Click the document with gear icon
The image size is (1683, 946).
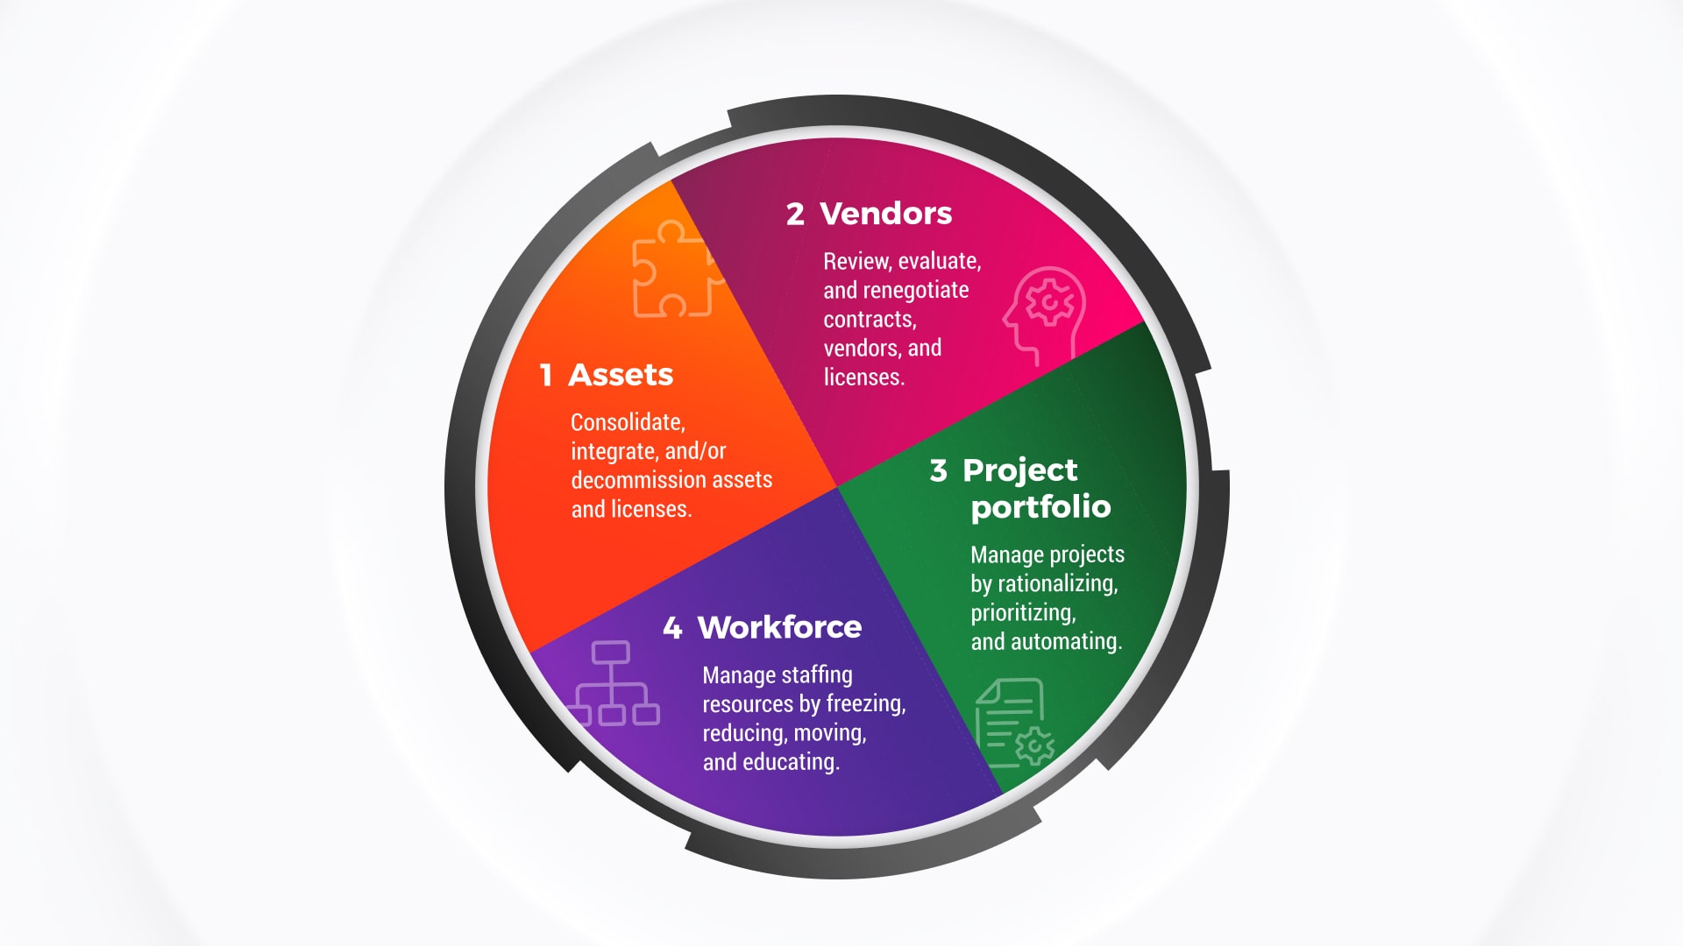click(1015, 723)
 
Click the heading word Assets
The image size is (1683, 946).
click(621, 375)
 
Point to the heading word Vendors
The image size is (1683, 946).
click(885, 214)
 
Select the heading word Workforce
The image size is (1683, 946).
click(779, 627)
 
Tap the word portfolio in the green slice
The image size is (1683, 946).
click(1040, 507)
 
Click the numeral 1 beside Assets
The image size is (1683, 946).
click(545, 375)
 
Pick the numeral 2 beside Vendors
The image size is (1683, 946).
click(795, 214)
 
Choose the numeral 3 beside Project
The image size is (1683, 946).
click(939, 470)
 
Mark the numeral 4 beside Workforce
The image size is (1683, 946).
click(672, 627)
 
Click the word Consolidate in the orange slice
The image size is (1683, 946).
click(627, 422)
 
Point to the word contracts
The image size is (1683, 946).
click(869, 319)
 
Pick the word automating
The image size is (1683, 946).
click(1066, 641)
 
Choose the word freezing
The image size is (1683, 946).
click(865, 703)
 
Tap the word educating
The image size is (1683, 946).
click(791, 762)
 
